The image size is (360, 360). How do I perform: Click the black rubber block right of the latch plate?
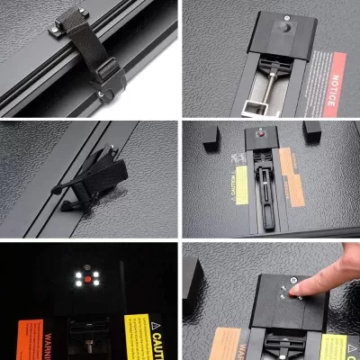(x=313, y=130)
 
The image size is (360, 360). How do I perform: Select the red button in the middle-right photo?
(x=262, y=133)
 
